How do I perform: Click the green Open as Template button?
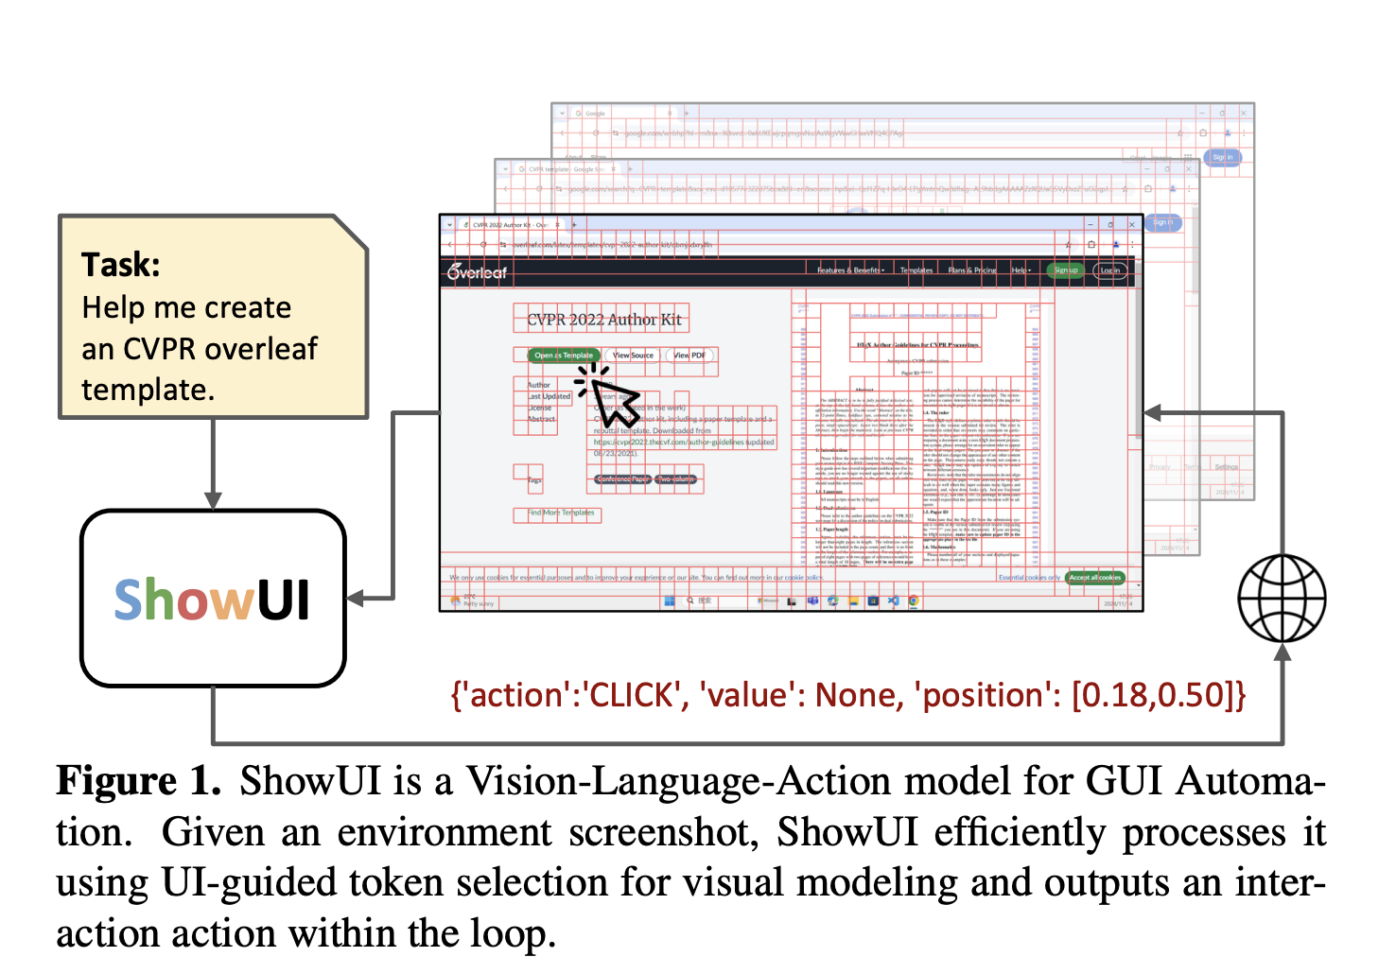point(564,356)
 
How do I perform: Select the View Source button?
point(633,356)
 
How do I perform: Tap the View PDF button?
point(689,356)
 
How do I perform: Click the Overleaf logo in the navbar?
point(478,272)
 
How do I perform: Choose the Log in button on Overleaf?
point(1109,270)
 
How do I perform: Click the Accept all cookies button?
point(1094,577)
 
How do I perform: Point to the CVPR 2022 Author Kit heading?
point(603,320)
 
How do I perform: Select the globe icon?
point(1282,599)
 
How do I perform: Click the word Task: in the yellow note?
point(121,265)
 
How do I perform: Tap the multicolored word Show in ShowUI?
point(183,600)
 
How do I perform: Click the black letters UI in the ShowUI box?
point(283,600)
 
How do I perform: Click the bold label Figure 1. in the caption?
point(138,782)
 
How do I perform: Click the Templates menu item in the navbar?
point(916,270)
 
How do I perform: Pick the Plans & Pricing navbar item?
point(971,270)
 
